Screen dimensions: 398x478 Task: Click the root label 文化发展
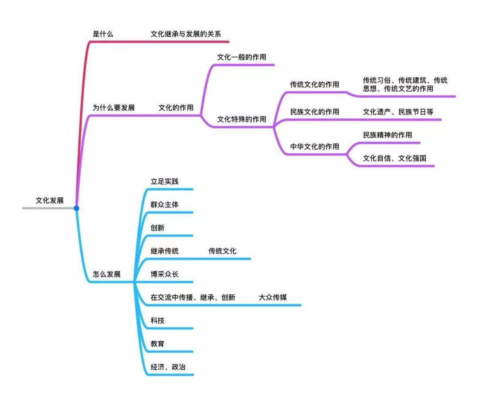pyautogui.click(x=50, y=200)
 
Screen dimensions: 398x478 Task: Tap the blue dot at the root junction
pyautogui.click(x=76, y=208)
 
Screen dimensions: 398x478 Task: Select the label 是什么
pyautogui.click(x=103, y=34)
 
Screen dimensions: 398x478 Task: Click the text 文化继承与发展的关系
pyautogui.click(x=185, y=34)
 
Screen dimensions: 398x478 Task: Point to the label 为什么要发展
pyautogui.click(x=114, y=107)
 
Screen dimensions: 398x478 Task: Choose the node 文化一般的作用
pyautogui.click(x=242, y=57)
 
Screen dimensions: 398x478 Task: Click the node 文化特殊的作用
pyautogui.click(x=242, y=119)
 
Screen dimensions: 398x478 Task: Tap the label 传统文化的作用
pyautogui.click(x=315, y=84)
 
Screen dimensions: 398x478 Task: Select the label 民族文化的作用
pyautogui.click(x=315, y=112)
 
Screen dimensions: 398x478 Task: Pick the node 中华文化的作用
pyautogui.click(x=315, y=147)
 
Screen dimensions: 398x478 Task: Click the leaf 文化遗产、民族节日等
pyautogui.click(x=398, y=112)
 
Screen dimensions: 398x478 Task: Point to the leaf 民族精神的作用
pyautogui.click(x=387, y=135)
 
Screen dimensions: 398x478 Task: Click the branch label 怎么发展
pyautogui.click(x=107, y=274)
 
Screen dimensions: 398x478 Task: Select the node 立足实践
pyautogui.click(x=165, y=181)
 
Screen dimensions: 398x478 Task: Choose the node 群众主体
pyautogui.click(x=165, y=204)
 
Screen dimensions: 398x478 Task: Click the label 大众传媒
pyautogui.click(x=273, y=297)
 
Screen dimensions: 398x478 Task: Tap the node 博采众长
pyautogui.click(x=165, y=274)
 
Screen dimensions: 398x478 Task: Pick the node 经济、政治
pyautogui.click(x=168, y=367)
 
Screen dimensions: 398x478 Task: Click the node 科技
pyautogui.click(x=158, y=320)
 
